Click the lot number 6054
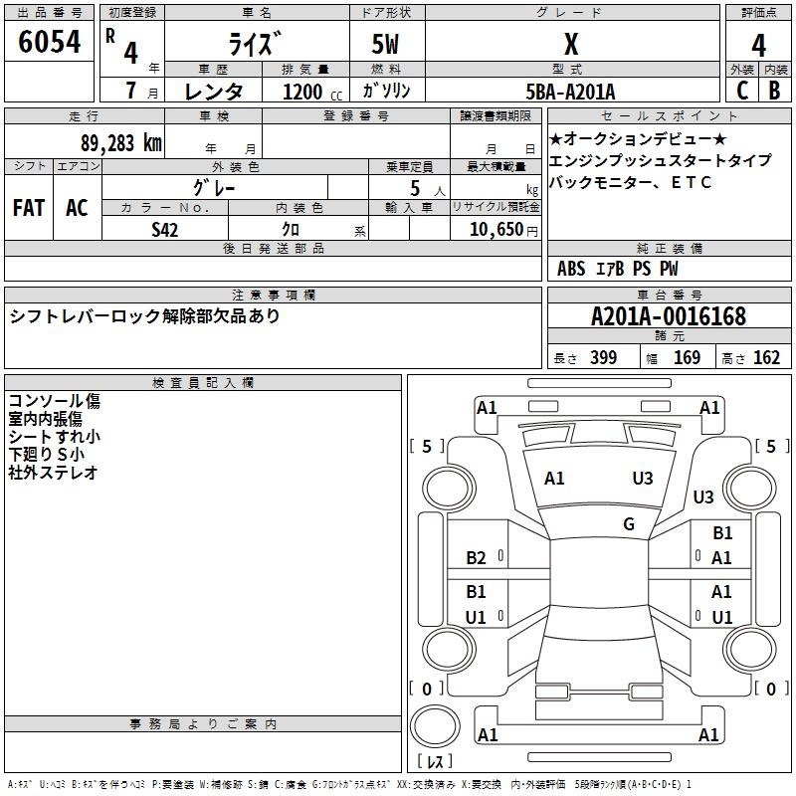coord(49,42)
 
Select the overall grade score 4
coord(758,46)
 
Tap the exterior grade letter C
coord(742,91)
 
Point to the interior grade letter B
coord(774,91)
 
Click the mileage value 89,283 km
coord(121,143)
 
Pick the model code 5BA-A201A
coord(570,92)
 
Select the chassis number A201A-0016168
coord(669,316)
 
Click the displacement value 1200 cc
coord(312,92)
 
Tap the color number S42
coord(164,230)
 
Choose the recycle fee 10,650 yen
coord(503,230)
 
